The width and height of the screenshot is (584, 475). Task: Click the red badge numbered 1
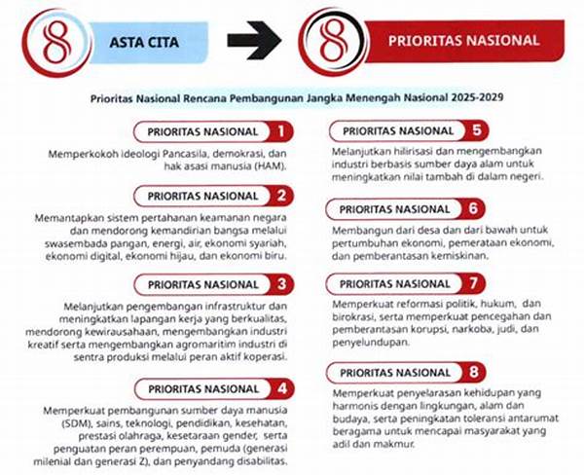(281, 131)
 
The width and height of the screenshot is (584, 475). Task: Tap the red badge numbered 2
(281, 197)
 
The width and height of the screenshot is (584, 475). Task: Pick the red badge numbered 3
(281, 284)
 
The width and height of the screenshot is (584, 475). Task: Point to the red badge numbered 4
(281, 389)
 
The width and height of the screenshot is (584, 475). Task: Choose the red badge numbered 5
(473, 129)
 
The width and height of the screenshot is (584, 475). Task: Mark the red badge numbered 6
(473, 209)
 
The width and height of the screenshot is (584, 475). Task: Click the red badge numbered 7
(473, 284)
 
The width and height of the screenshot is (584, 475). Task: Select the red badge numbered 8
(473, 371)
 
